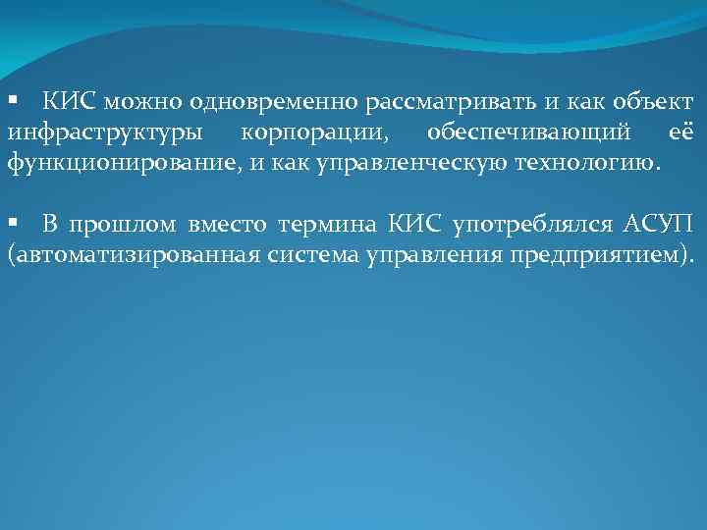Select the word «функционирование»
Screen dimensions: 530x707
coord(122,162)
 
